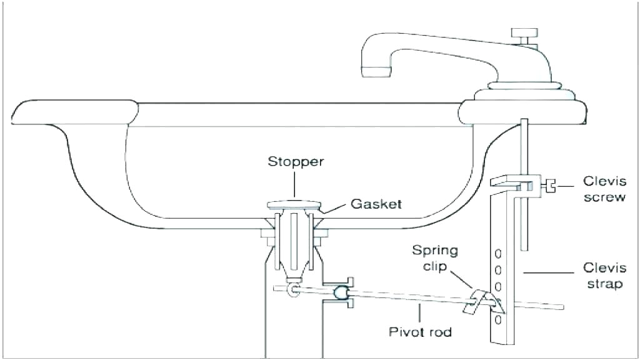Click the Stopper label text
(296, 162)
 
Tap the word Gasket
(376, 204)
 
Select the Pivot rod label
(420, 332)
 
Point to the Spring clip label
(435, 258)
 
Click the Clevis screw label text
(604, 189)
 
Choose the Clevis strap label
(604, 276)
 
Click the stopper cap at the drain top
(294, 204)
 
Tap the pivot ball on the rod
(341, 292)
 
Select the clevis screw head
(549, 186)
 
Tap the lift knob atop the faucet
(524, 32)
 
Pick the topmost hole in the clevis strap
(498, 254)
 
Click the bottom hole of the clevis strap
(498, 319)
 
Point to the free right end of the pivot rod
(562, 307)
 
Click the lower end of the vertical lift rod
(524, 249)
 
